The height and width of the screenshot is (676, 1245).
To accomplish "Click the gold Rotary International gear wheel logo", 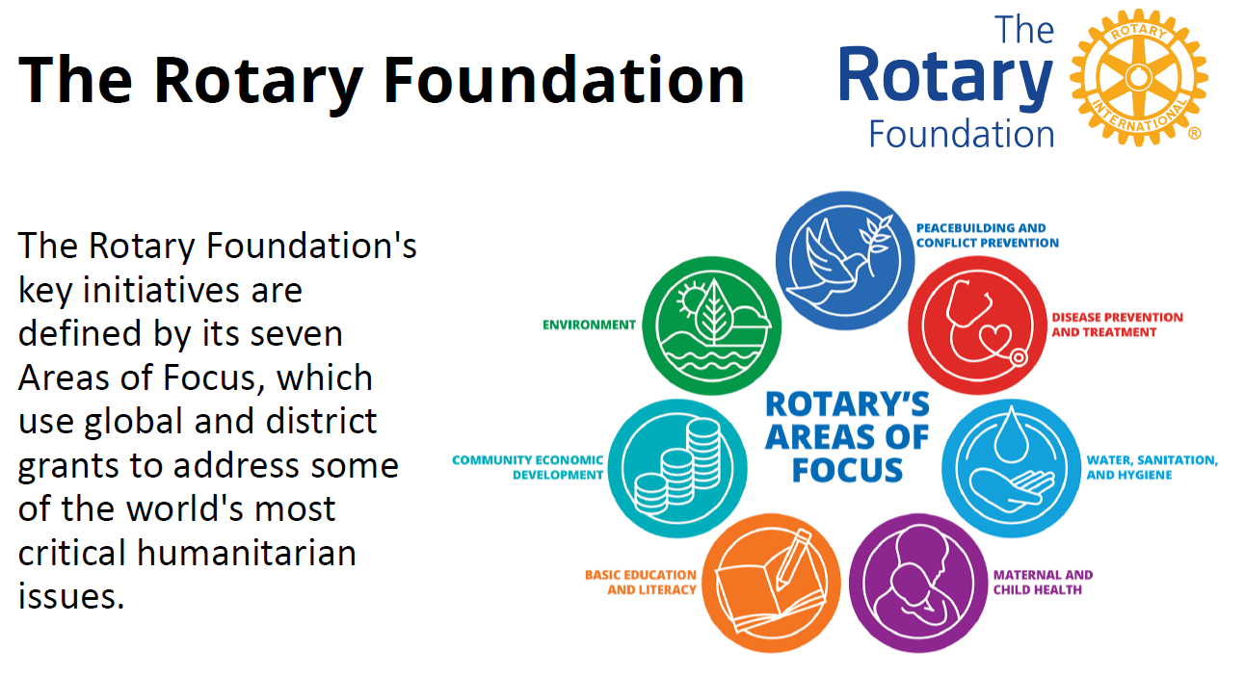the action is (1139, 78).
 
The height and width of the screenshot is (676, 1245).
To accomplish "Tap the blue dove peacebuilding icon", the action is (845, 261).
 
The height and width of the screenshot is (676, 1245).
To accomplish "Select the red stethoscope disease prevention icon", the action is (978, 325).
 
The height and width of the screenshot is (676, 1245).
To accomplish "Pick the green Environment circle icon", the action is (712, 325).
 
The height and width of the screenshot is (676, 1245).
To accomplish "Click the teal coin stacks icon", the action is (677, 468).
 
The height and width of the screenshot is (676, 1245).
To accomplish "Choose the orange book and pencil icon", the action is (772, 583).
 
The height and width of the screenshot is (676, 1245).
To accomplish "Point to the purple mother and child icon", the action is (918, 583).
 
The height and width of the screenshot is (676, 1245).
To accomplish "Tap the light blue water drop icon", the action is (1012, 468).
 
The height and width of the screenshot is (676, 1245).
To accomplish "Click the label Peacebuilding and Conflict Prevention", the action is (988, 236).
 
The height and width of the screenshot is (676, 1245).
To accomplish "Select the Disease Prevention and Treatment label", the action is (1117, 325).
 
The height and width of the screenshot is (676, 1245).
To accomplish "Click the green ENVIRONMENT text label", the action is (589, 325).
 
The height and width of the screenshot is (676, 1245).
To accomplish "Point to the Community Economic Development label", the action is (527, 468).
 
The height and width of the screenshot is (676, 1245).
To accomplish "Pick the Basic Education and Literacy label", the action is (641, 583).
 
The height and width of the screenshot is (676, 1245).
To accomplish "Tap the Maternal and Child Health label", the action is (1044, 583).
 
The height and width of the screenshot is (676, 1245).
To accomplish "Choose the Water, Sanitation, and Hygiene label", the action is (1152, 468).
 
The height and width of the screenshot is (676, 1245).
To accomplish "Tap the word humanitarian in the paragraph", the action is (247, 553).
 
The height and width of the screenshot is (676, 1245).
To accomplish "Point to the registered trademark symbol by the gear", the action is (1195, 133).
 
